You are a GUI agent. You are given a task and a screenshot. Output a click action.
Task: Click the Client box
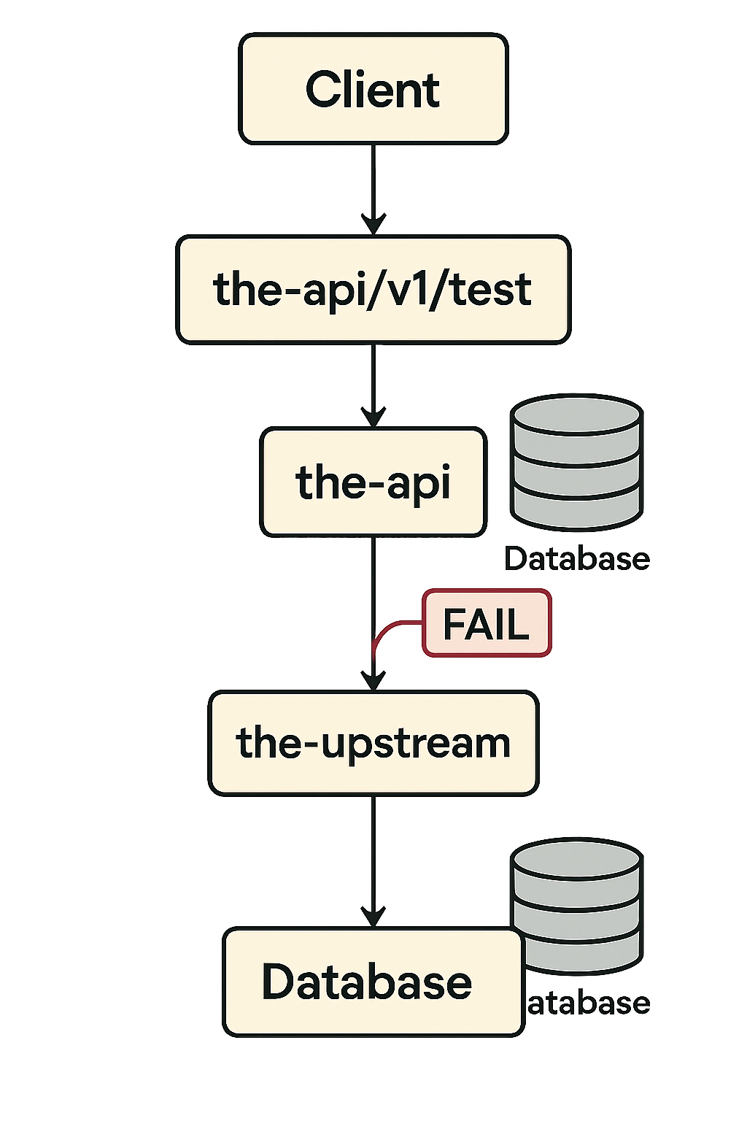373,88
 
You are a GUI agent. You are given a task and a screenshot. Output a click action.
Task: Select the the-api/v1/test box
373,290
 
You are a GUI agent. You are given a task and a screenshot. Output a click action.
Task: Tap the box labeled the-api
373,482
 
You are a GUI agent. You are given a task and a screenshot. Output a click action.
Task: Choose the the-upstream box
373,743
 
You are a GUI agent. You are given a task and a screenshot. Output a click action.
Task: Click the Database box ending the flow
373,982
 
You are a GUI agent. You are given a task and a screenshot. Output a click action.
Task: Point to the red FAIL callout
487,624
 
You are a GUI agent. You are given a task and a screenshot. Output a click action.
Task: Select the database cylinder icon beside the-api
576,463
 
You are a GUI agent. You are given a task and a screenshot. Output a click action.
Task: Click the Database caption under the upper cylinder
576,559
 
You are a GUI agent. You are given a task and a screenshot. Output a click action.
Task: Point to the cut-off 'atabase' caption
588,1003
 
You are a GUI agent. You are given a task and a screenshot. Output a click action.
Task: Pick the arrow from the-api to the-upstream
373,584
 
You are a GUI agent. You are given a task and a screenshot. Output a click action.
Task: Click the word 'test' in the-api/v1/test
490,290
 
